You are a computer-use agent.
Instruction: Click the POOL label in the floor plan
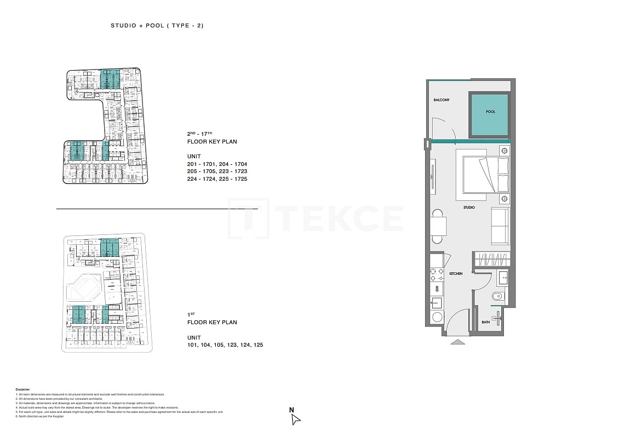[x=490, y=112]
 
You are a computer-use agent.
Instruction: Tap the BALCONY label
[x=441, y=100]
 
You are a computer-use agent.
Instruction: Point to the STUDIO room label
[x=469, y=208]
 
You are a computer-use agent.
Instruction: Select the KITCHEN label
[x=456, y=273]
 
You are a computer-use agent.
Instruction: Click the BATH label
[x=485, y=323]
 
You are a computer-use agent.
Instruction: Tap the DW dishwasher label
[x=437, y=288]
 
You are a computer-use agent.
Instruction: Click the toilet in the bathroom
[x=497, y=297]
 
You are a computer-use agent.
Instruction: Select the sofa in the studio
[x=500, y=226]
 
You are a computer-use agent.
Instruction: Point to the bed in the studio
[x=485, y=175]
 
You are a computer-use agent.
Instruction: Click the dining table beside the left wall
[x=438, y=226]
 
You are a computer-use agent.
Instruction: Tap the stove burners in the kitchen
[x=437, y=274]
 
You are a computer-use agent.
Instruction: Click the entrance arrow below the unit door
[x=458, y=342]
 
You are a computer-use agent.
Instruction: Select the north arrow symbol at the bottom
[x=295, y=419]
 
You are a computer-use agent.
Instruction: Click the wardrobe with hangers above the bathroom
[x=491, y=259]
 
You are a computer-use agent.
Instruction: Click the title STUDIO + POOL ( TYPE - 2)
[x=157, y=26]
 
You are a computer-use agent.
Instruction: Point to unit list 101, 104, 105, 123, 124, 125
[x=225, y=345]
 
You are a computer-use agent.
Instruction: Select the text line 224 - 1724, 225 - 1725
[x=217, y=179]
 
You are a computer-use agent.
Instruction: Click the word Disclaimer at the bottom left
[x=23, y=389]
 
